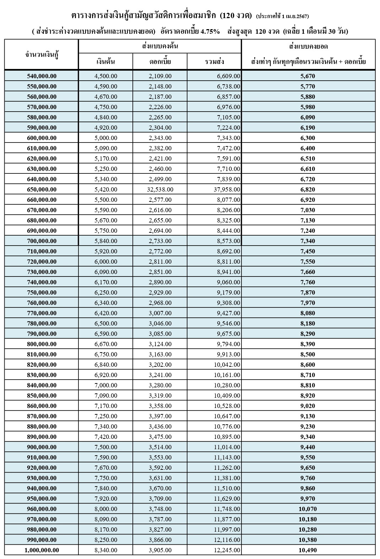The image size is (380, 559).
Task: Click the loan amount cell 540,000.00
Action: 42,76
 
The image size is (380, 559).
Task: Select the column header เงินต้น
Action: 106,62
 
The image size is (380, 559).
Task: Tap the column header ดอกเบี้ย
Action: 160,62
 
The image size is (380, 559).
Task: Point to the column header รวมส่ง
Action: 215,62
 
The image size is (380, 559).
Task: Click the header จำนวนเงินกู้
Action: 42,54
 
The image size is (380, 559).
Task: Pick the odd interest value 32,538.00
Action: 160,189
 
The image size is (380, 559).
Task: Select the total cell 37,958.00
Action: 227,189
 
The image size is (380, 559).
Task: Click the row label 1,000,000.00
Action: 42,550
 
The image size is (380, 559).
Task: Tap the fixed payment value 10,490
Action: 308,550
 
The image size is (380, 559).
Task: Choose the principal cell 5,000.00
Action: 106,138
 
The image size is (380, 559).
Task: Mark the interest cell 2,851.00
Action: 160,272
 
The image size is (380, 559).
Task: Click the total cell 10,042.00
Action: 227,365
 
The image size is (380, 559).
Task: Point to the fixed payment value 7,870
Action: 308,292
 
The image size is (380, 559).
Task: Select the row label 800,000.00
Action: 42,344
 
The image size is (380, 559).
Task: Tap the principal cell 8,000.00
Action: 106,509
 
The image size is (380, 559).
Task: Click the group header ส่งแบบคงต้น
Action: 160,47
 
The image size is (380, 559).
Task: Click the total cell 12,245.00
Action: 227,550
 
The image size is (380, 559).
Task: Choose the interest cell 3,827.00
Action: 160,530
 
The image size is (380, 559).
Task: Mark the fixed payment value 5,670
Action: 308,76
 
